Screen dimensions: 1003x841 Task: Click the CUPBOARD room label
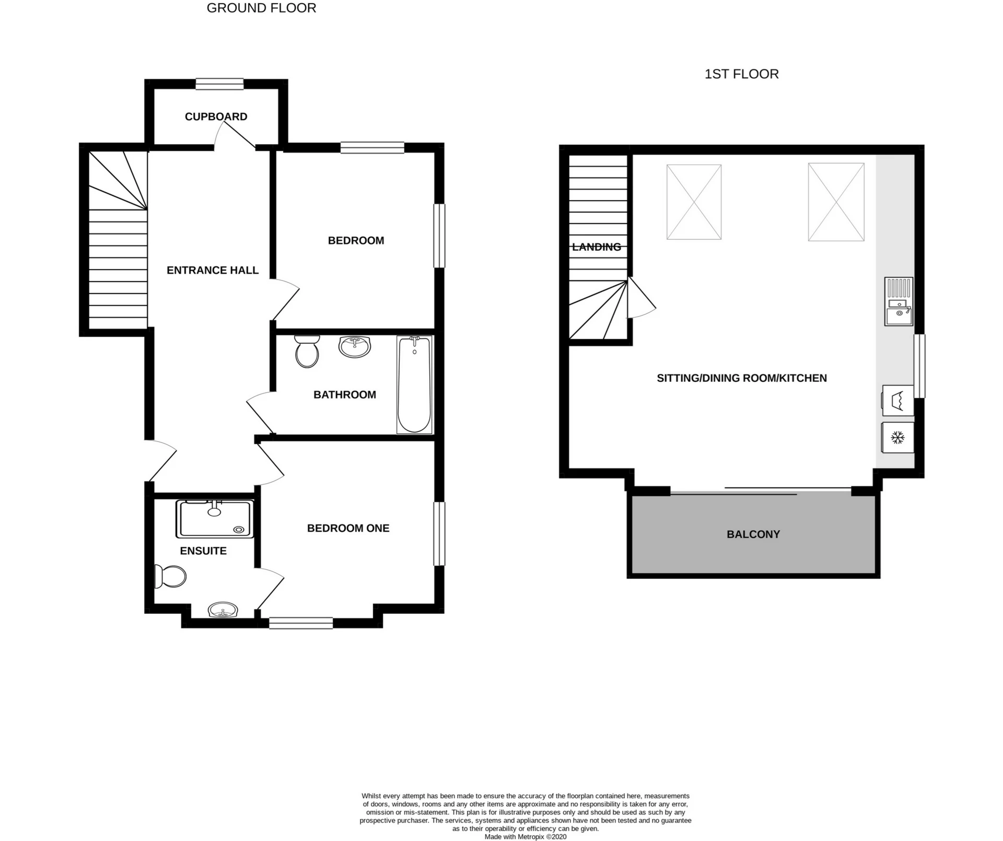click(x=216, y=116)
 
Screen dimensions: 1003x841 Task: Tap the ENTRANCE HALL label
click(x=213, y=270)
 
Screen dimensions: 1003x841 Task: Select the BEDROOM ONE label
click(x=348, y=528)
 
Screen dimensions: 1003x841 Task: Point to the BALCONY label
click(x=753, y=534)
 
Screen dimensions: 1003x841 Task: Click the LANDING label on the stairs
click(x=597, y=247)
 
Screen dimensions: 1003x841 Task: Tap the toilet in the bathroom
click(x=307, y=351)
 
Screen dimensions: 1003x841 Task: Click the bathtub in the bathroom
click(x=414, y=384)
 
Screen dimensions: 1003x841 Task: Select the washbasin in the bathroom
click(x=355, y=346)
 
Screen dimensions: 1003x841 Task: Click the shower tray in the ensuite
click(x=215, y=519)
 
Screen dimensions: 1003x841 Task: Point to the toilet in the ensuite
click(x=170, y=577)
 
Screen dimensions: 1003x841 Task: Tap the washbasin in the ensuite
click(x=223, y=610)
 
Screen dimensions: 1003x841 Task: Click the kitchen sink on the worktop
click(x=899, y=301)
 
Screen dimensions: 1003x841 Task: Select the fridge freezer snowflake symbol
click(x=897, y=437)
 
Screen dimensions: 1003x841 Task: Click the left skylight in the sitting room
click(x=694, y=202)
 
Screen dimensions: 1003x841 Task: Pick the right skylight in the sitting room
click(x=836, y=202)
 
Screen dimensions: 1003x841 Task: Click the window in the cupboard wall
click(x=219, y=84)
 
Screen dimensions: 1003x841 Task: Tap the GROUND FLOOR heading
click(x=261, y=8)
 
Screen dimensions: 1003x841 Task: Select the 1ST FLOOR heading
click(x=741, y=74)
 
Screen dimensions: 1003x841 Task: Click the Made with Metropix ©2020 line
click(x=525, y=836)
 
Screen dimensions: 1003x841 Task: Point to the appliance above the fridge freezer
click(x=898, y=400)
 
